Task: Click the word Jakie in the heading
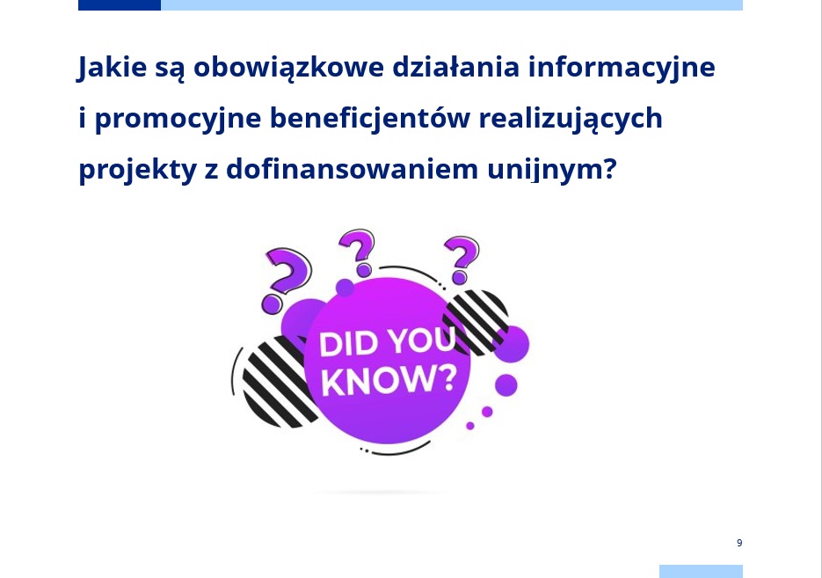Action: point(113,68)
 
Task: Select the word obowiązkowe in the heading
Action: point(289,68)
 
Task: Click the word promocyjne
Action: point(178,119)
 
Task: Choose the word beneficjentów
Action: point(370,118)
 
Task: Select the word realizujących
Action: point(571,119)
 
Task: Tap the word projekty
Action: point(137,170)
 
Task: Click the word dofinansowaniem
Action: point(353,168)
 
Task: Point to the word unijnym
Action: point(545,170)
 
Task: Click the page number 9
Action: point(739,543)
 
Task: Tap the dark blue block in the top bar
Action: point(120,5)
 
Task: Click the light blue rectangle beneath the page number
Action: point(701,571)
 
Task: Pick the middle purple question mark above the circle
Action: point(358,252)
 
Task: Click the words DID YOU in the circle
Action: point(388,343)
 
